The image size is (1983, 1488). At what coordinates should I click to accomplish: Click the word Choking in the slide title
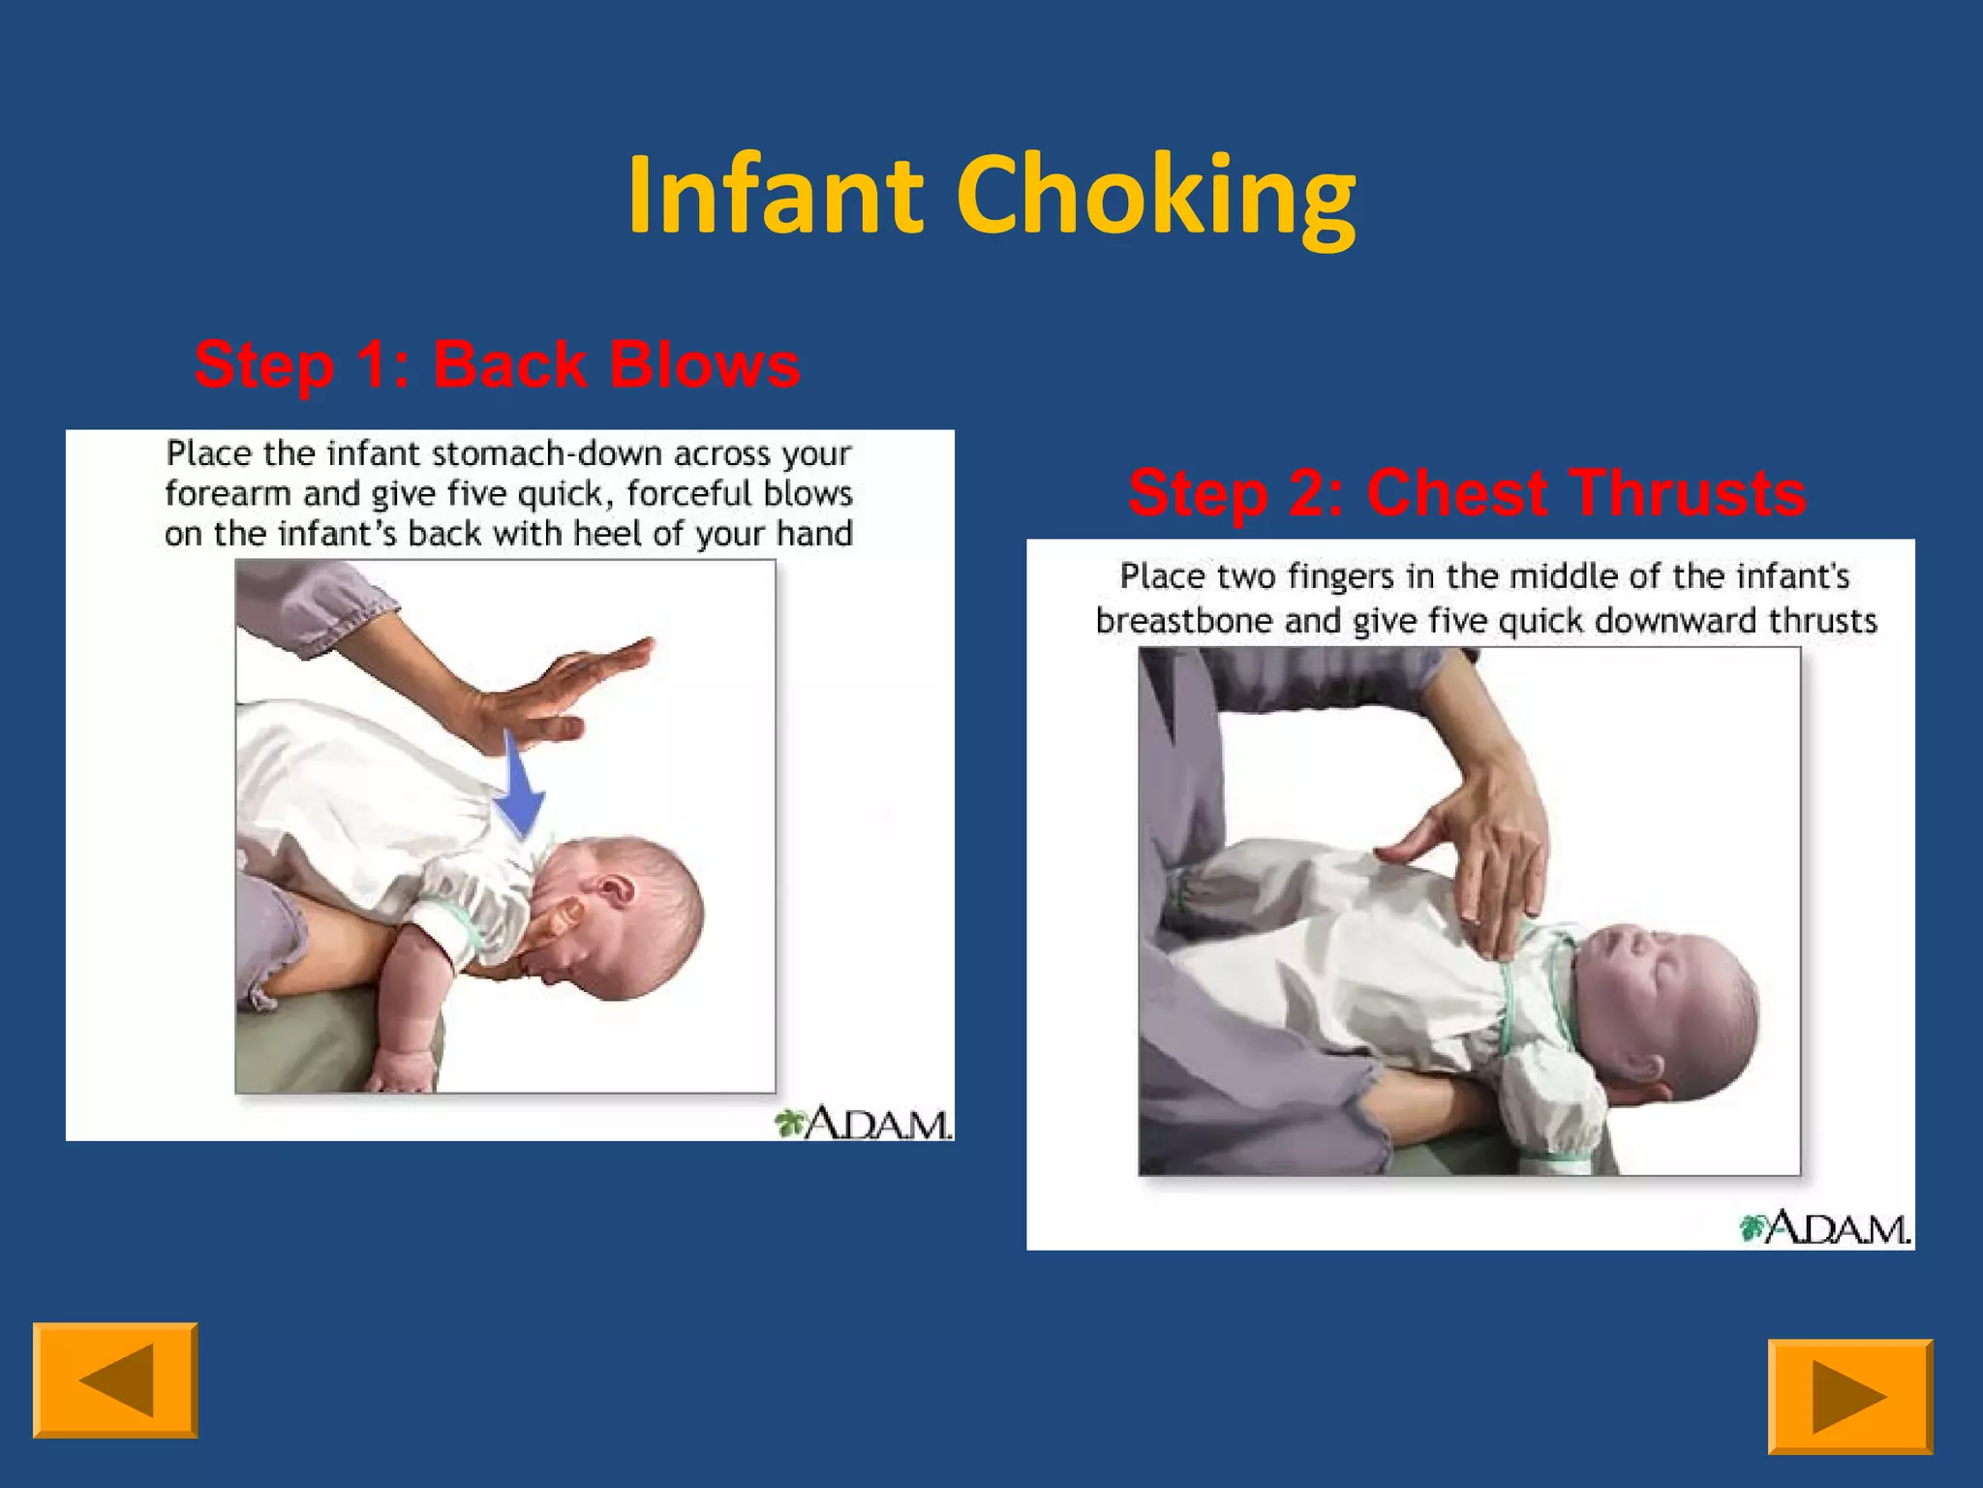(x=1156, y=199)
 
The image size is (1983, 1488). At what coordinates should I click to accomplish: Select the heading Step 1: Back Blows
(x=497, y=365)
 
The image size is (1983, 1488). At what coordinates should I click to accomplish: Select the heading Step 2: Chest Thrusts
(x=1466, y=492)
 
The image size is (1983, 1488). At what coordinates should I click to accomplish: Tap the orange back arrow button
(x=115, y=1379)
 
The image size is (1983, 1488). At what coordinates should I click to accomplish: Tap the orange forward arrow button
(x=1849, y=1396)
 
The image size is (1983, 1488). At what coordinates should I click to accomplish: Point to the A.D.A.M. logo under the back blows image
(x=864, y=1123)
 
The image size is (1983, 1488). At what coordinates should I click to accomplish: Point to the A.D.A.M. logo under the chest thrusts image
(x=1825, y=1228)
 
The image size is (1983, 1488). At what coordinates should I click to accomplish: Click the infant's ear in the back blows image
(x=613, y=887)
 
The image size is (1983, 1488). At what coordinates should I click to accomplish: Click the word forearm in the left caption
(x=228, y=494)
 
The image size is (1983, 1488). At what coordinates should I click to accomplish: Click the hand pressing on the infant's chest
(x=1481, y=852)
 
